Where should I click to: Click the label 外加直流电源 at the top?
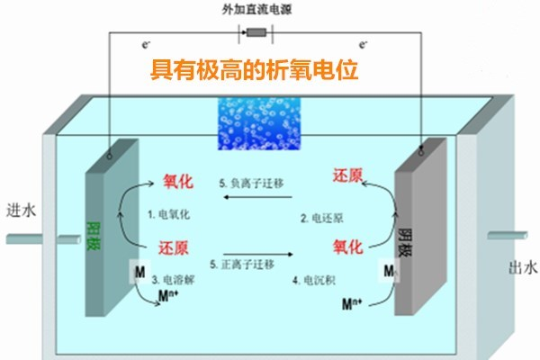click(x=256, y=11)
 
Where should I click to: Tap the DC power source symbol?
click(x=256, y=34)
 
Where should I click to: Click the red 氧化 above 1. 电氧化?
click(x=178, y=180)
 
